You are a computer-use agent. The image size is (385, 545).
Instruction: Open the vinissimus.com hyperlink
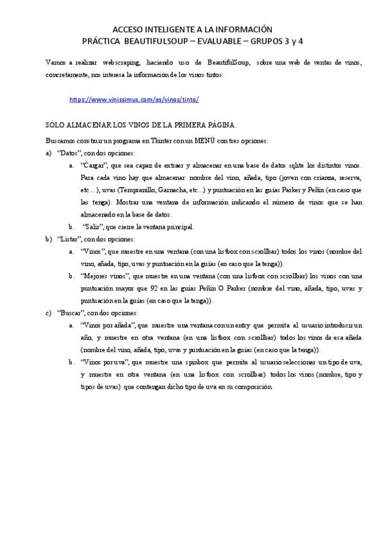point(134,100)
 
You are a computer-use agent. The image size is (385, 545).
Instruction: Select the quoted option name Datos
point(69,153)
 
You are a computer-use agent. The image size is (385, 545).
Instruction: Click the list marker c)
point(49,312)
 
